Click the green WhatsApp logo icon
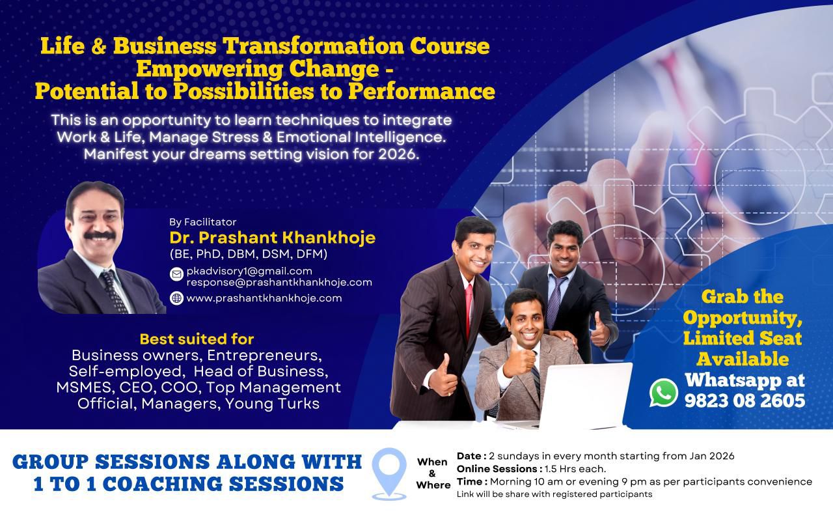663,393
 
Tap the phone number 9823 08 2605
745,401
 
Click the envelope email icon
176,274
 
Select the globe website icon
176,298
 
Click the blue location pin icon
389,473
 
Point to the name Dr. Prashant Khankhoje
272,238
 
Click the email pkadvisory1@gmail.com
249,271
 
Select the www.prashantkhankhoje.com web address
264,298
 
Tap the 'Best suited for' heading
197,339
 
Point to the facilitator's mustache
100,236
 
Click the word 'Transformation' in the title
313,46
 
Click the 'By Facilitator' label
202,222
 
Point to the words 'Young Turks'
272,404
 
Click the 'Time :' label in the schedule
472,481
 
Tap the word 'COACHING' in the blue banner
162,484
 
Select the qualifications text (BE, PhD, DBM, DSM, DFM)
249,254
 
